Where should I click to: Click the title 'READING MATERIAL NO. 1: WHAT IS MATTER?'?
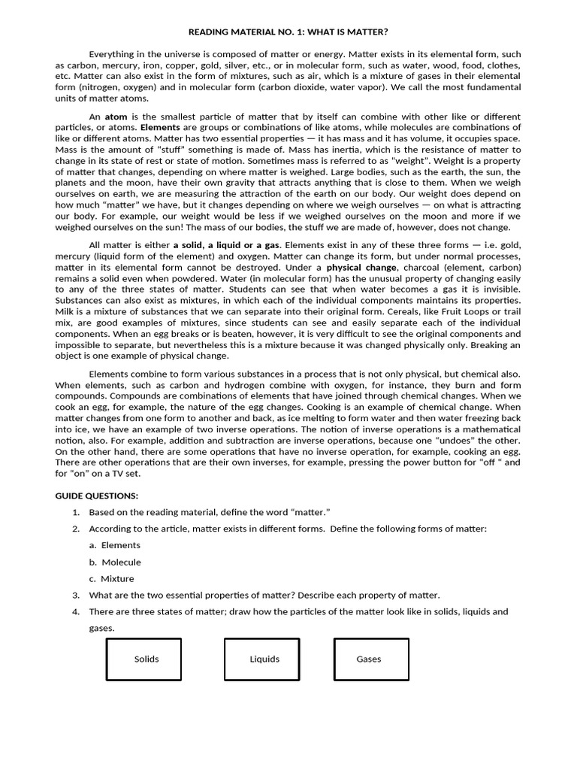pos(288,32)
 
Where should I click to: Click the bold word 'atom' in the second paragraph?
pos(116,117)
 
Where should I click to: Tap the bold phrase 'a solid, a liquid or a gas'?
pos(226,245)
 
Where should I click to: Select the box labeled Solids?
pos(143,659)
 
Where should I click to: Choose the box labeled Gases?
pos(371,659)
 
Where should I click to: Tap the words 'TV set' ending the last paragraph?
pos(125,474)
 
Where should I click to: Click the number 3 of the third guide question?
pos(76,595)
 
